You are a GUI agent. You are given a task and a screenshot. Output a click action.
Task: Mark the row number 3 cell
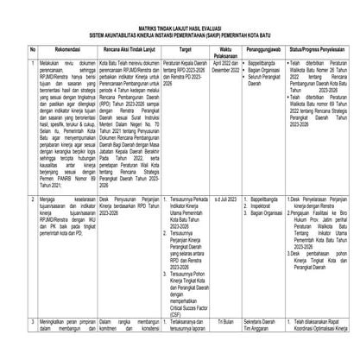[x=9, y=344]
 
